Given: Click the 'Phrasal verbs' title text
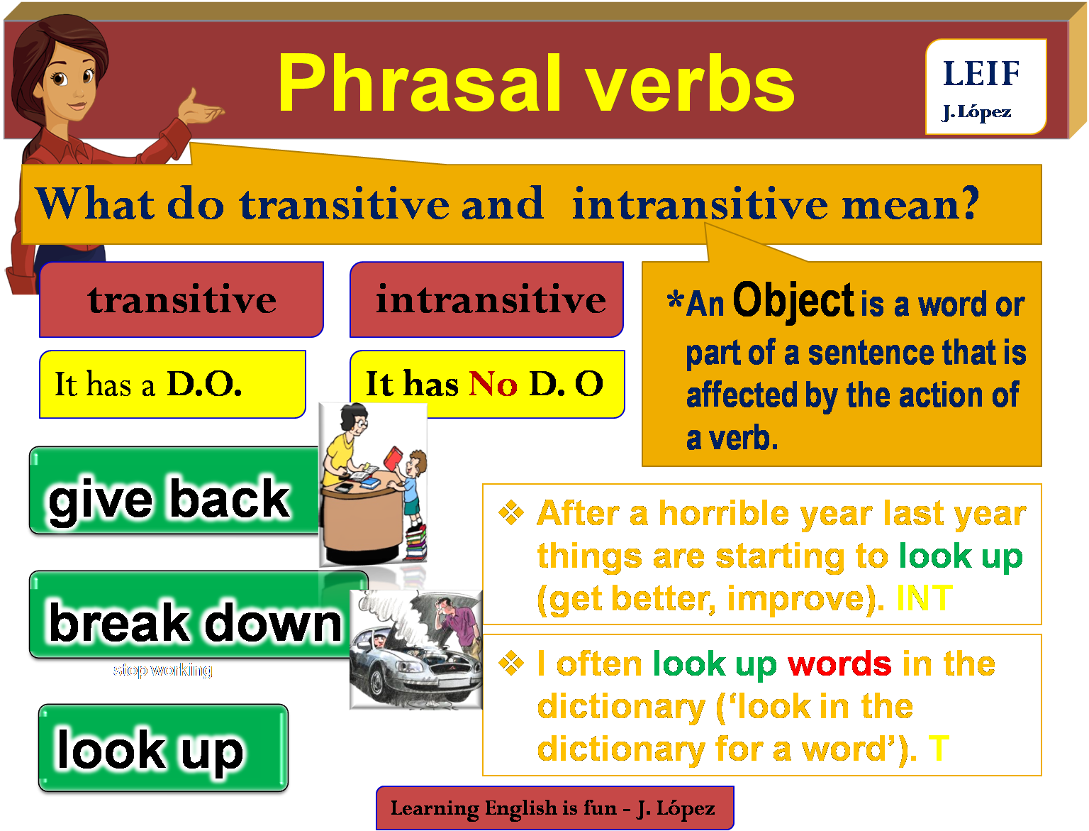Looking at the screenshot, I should pyautogui.click(x=535, y=84).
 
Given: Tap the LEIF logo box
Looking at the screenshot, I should pyautogui.click(x=985, y=87).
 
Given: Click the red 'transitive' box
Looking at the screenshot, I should pyautogui.click(x=181, y=299).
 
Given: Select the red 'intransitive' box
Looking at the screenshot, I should pyautogui.click(x=487, y=299).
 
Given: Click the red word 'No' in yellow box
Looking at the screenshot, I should pyautogui.click(x=493, y=385).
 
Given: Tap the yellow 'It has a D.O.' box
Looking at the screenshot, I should pyautogui.click(x=172, y=384).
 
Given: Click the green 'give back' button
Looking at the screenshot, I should pyautogui.click(x=170, y=497).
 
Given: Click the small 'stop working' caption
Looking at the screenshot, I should pyautogui.click(x=162, y=670).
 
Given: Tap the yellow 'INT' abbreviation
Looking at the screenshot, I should pyautogui.click(x=924, y=598).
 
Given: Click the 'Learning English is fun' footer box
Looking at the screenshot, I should pyautogui.click(x=554, y=808).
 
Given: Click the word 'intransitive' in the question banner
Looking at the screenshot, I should pyautogui.click(x=700, y=204).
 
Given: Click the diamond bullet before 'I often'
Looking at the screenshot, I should pyautogui.click(x=510, y=664).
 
